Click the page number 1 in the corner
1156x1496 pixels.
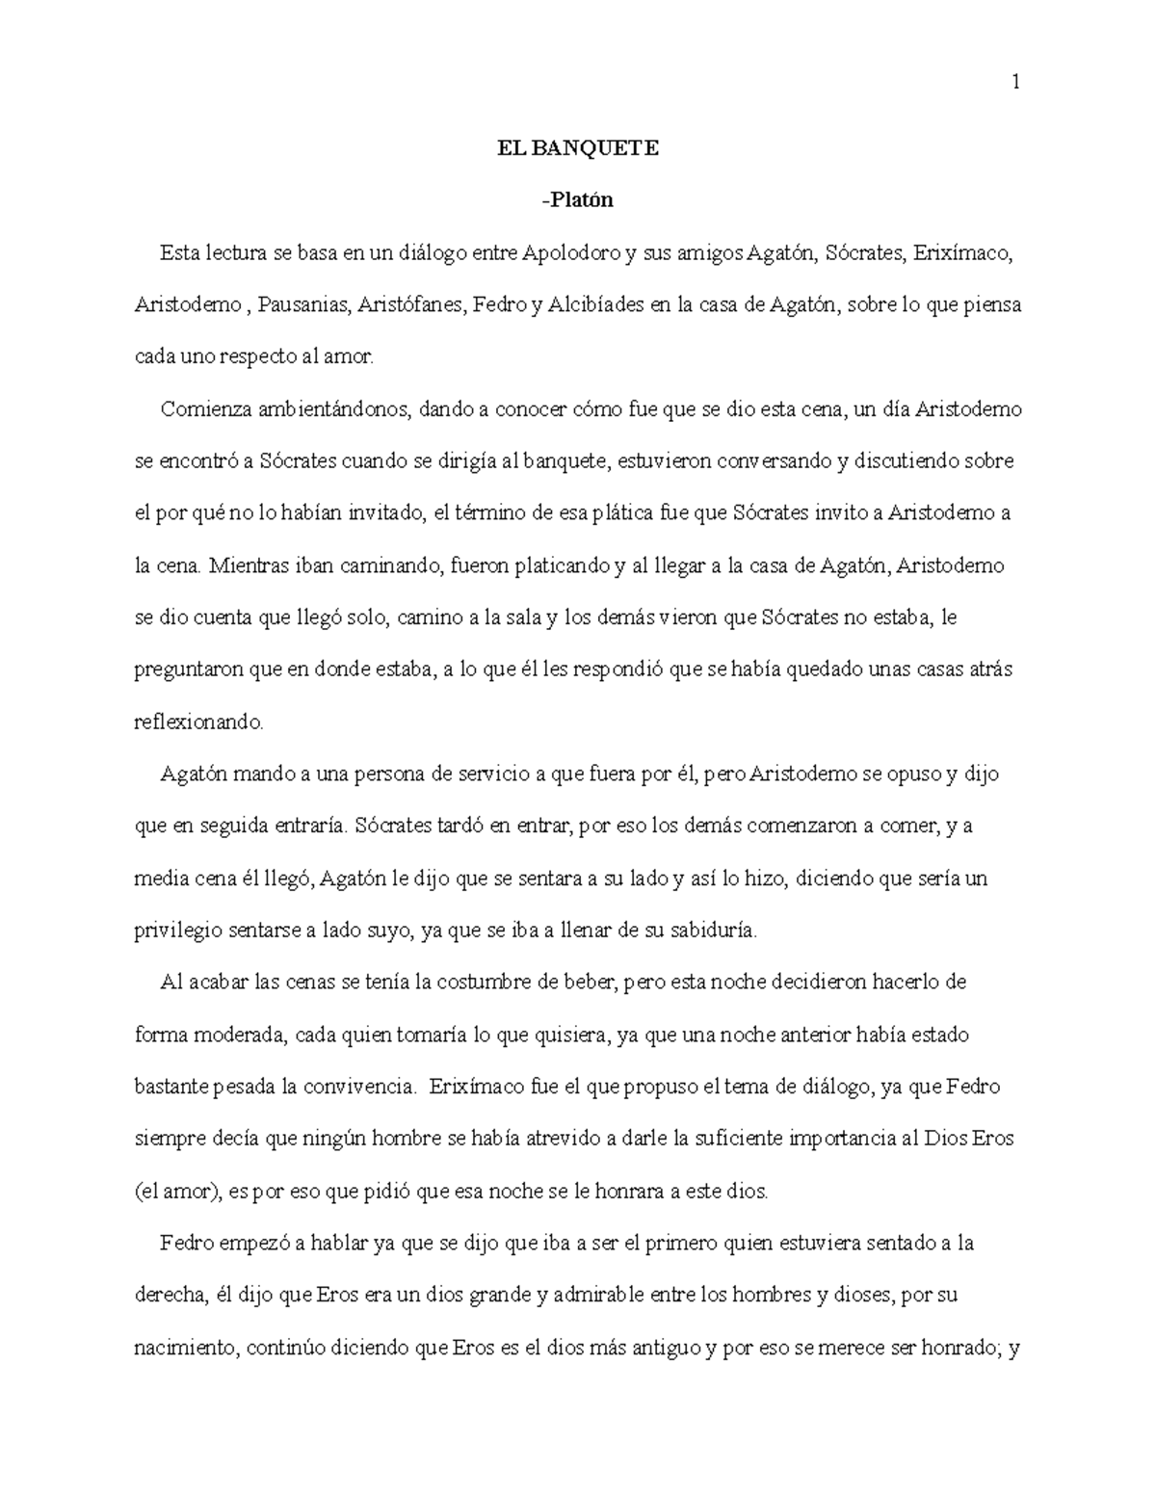[x=1014, y=84]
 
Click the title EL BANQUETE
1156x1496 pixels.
[x=577, y=148]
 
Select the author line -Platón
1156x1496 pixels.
[x=577, y=200]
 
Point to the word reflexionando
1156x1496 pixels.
[x=197, y=722]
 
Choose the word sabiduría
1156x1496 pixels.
[x=704, y=931]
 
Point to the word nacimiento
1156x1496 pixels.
[x=185, y=1348]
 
